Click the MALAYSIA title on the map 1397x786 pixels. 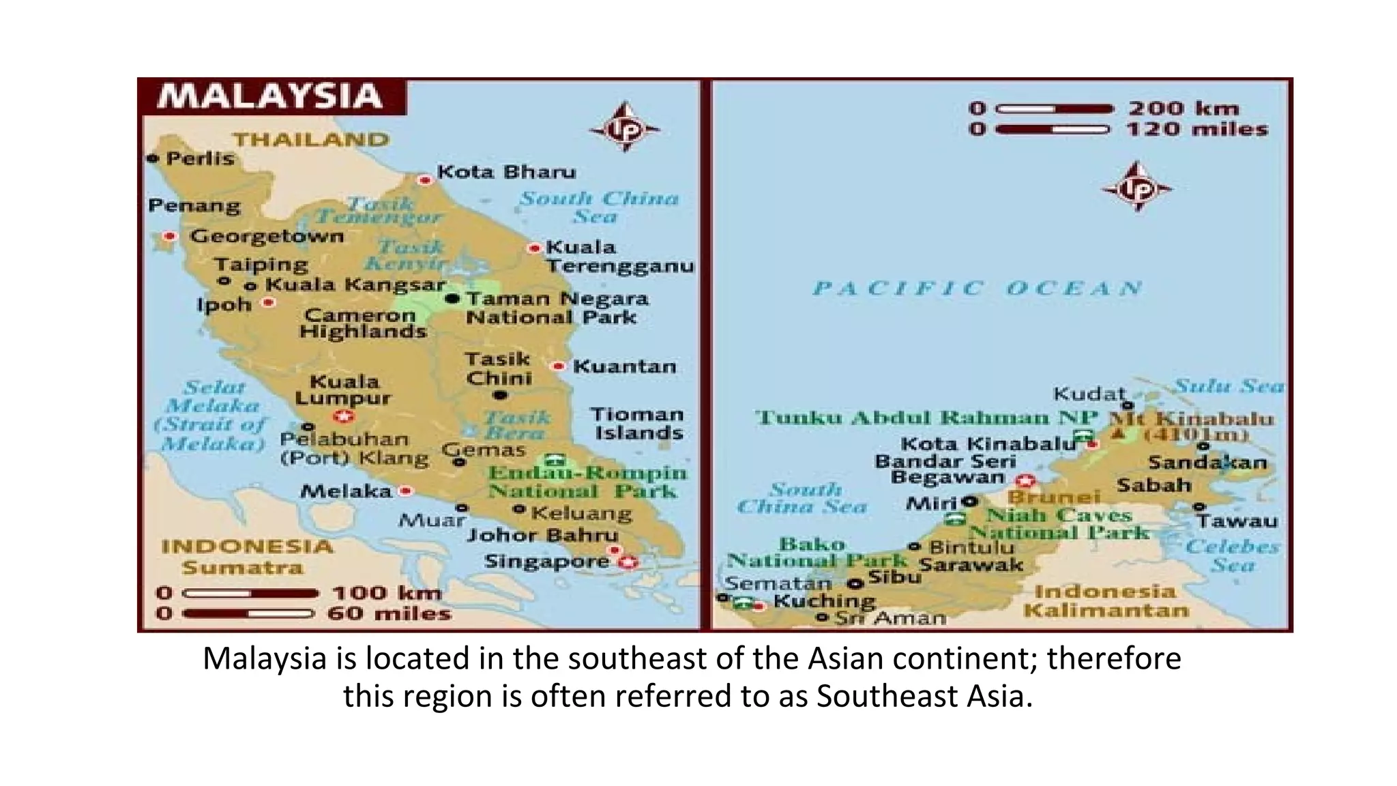click(x=270, y=96)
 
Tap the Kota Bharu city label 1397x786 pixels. click(x=506, y=171)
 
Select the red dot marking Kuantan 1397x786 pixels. click(x=559, y=366)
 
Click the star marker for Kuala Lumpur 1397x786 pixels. click(x=343, y=416)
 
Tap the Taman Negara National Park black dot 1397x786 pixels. click(x=452, y=298)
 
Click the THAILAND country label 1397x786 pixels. click(x=311, y=139)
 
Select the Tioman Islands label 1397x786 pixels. click(x=637, y=424)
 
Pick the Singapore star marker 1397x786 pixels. click(x=628, y=562)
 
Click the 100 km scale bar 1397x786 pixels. click(x=250, y=594)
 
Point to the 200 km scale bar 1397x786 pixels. click(x=1054, y=108)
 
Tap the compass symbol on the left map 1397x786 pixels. click(x=624, y=128)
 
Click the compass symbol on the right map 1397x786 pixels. click(x=1136, y=188)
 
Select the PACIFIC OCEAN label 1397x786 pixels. click(x=977, y=288)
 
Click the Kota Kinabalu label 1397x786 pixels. click(x=988, y=444)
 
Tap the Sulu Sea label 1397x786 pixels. click(x=1229, y=386)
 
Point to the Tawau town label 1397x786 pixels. click(x=1237, y=521)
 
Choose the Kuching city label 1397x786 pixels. click(x=824, y=601)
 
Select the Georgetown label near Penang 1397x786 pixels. click(x=267, y=236)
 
